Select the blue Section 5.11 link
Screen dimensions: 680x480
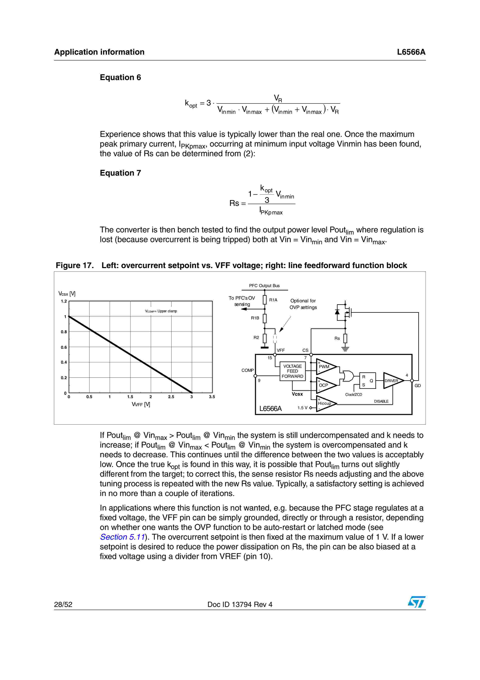122,537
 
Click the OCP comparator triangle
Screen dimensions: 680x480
325,385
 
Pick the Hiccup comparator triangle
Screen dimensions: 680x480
325,403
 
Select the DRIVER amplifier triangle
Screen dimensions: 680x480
392,381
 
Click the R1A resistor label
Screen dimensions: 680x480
273,300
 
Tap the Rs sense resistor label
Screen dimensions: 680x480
337,338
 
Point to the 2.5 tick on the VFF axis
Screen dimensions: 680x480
171,397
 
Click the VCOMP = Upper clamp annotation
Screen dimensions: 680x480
161,311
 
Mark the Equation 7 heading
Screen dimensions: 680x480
120,173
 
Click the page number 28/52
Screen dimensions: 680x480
63,604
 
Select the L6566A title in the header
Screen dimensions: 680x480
411,52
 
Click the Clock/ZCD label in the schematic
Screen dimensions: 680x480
353,394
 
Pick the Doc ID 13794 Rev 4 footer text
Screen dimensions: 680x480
240,604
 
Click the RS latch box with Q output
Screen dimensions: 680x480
367,381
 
